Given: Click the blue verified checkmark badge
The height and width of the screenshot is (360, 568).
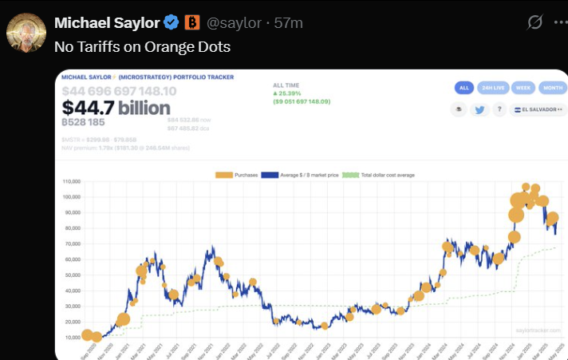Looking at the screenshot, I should (172, 22).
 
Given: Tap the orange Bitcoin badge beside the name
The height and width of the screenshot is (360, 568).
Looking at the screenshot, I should (192, 22).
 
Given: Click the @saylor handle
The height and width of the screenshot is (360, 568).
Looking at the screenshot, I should (235, 23).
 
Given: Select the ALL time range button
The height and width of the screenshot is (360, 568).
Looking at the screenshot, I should (464, 89).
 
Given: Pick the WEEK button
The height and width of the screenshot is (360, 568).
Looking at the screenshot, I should (523, 89).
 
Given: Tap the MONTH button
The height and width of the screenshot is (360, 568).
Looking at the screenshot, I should (552, 89).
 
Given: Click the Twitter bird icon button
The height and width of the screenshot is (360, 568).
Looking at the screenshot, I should (479, 110).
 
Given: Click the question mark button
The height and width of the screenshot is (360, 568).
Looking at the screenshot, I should (500, 110).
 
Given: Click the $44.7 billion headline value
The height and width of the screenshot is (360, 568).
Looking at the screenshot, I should (116, 108).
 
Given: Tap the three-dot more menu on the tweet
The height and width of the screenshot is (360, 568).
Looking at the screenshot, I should (559, 22).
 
